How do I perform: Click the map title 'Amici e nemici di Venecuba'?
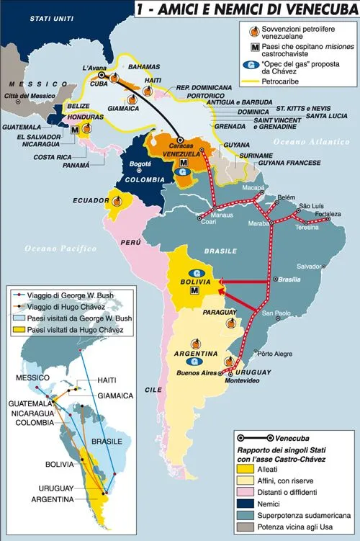(246, 9)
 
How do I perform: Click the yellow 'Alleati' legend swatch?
(246, 468)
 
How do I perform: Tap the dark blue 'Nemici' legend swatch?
(246, 501)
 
